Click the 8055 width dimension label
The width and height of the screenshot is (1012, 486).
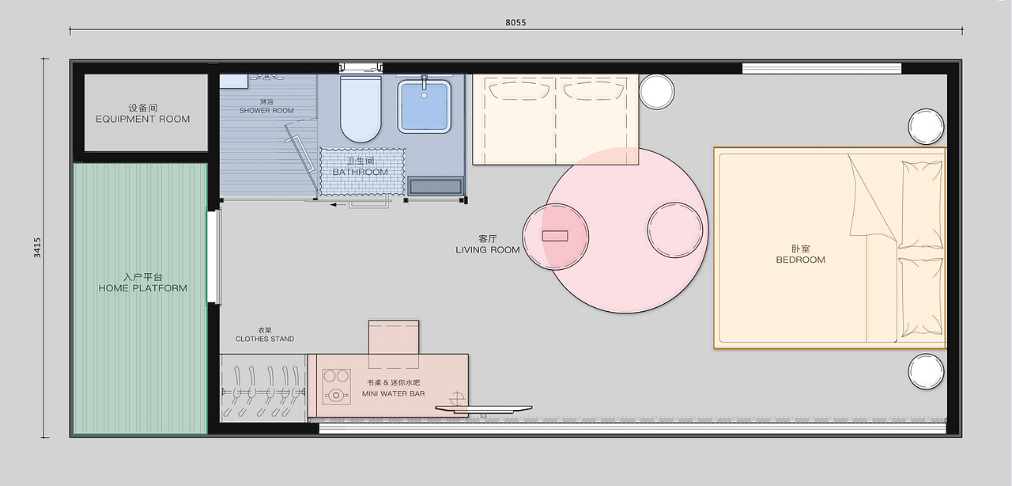[515, 23]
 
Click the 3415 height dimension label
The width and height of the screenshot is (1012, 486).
[37, 248]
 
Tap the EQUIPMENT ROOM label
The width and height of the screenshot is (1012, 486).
[143, 119]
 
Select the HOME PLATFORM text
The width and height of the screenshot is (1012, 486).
[143, 288]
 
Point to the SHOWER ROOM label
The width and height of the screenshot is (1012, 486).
[266, 110]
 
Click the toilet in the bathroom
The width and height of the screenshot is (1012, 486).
[361, 108]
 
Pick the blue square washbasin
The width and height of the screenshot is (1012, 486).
[425, 106]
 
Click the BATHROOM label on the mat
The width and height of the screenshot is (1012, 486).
[360, 172]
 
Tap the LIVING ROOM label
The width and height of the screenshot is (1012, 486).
[488, 250]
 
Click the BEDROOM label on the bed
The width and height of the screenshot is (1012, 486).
[801, 260]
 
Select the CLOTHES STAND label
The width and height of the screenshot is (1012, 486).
[265, 339]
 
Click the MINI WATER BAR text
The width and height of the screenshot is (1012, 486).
[394, 393]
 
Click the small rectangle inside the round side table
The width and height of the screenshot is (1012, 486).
[555, 236]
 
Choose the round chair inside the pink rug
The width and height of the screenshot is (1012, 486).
[675, 230]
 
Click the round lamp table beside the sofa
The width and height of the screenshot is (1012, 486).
[656, 92]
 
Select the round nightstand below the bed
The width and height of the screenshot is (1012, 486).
[926, 371]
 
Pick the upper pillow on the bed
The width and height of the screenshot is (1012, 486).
[922, 204]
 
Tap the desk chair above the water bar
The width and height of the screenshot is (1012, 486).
[394, 344]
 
